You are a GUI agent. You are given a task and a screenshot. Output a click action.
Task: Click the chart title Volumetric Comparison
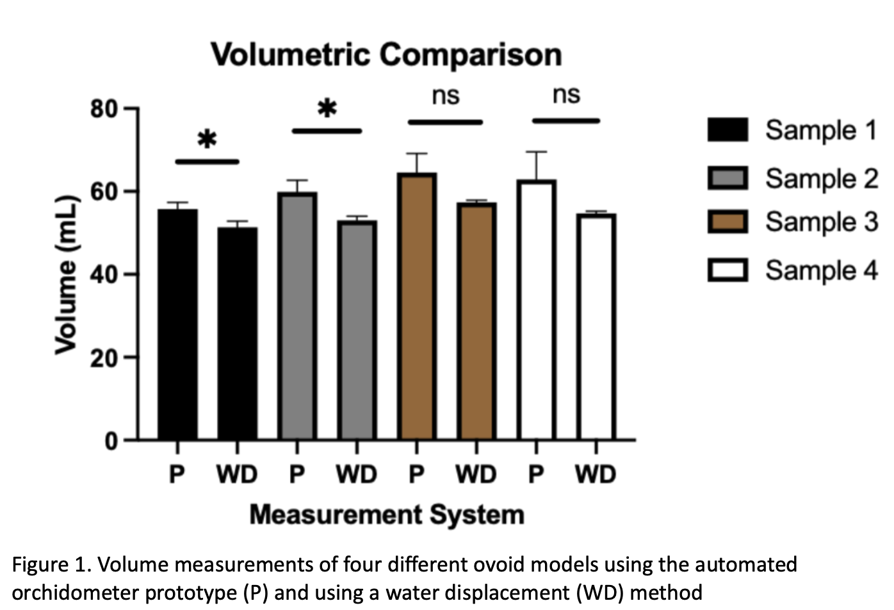pos(386,54)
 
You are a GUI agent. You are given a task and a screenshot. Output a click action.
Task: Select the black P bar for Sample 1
pos(177,324)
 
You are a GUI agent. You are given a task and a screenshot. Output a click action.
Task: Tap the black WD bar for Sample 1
pos(237,333)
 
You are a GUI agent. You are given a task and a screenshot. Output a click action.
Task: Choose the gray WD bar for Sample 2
pos(357,330)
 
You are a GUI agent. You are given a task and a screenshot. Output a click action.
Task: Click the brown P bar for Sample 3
pos(417,306)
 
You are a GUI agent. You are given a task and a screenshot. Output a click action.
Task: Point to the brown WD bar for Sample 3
pos(476,320)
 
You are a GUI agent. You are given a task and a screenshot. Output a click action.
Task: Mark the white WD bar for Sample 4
pos(596,327)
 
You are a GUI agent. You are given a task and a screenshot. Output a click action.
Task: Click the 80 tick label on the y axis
pos(104,109)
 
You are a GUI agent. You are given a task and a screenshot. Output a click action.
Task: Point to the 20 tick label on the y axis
pos(104,358)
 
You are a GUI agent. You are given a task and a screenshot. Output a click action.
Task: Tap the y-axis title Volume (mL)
pos(66,274)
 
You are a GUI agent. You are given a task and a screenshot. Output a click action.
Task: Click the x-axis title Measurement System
pos(387,515)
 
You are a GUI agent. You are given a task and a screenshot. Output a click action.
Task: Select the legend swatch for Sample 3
pos(727,222)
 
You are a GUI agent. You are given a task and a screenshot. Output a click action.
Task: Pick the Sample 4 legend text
pos(822,270)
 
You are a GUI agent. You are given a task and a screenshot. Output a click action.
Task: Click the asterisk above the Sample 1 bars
pos(207,139)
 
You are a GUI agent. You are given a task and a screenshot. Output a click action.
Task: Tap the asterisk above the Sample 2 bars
pos(327,108)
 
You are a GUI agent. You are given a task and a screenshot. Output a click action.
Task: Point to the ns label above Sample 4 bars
pos(566,95)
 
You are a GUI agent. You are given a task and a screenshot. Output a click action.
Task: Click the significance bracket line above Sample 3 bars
pos(445,122)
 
